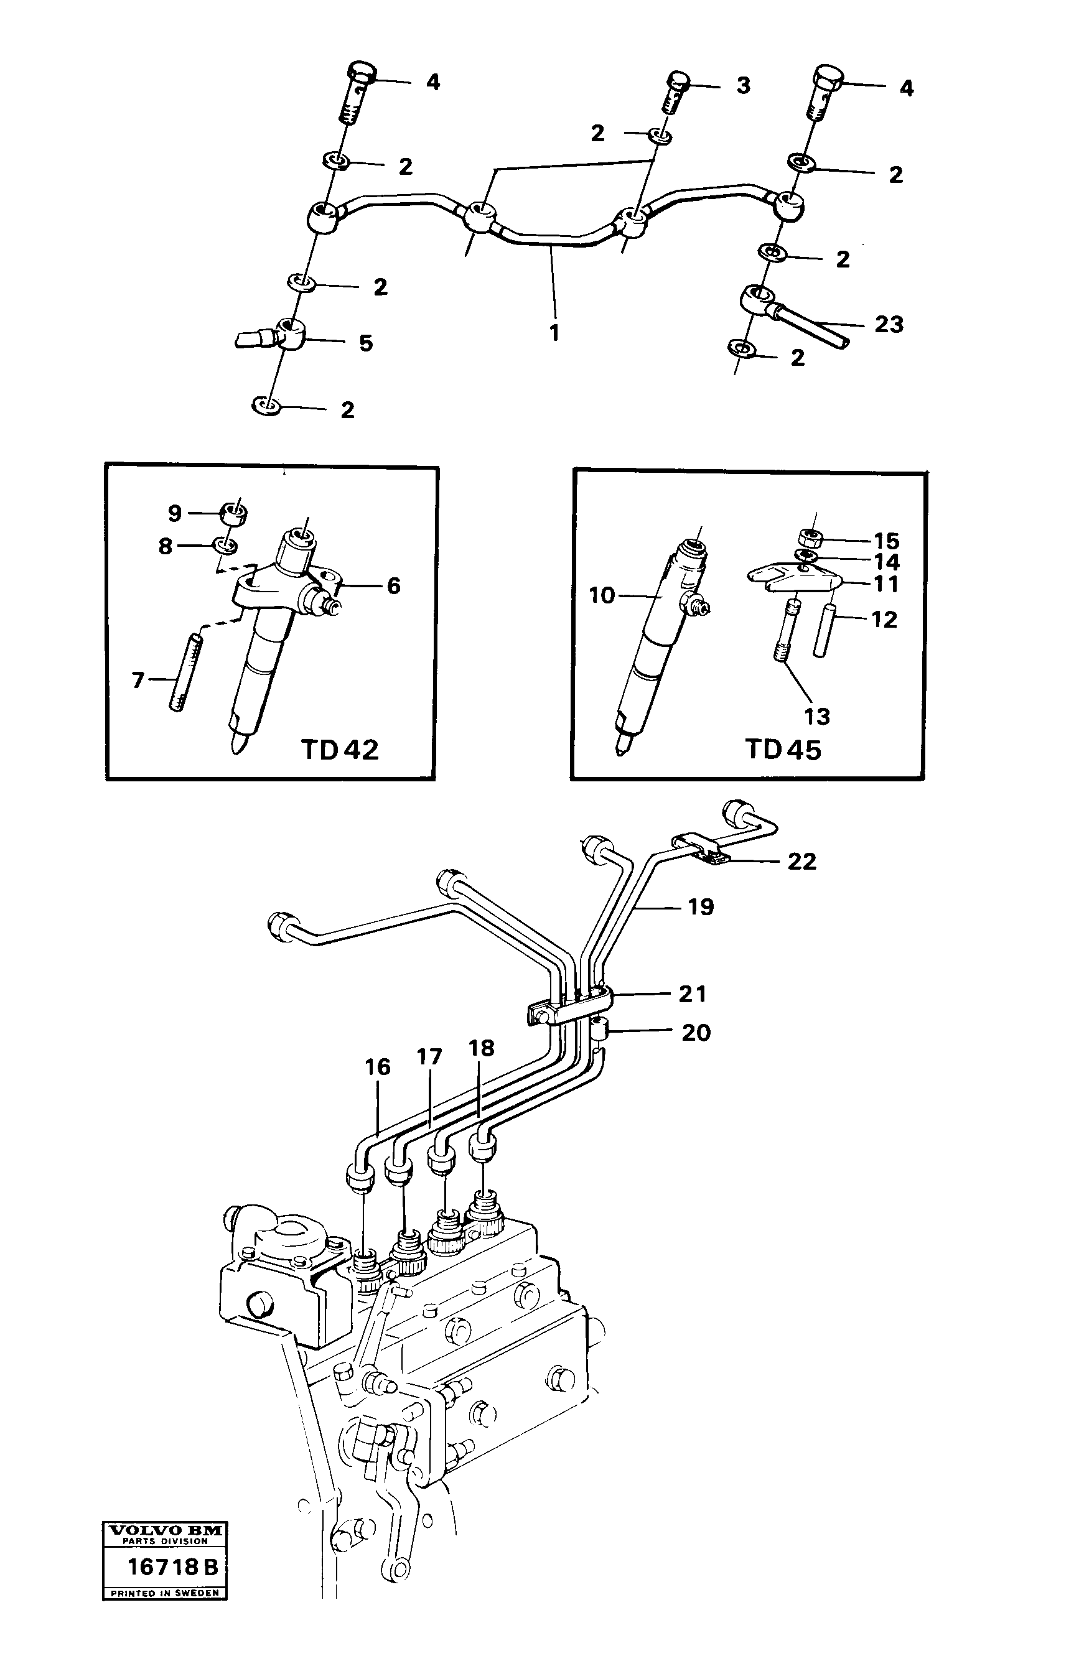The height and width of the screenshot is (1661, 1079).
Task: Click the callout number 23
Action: click(889, 324)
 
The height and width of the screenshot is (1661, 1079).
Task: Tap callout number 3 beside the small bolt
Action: click(744, 85)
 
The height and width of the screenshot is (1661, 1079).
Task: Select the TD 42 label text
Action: click(340, 750)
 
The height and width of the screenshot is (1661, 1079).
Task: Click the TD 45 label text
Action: click(783, 750)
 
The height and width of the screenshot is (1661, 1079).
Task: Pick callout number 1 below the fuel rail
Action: click(554, 333)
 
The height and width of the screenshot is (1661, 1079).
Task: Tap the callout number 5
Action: click(366, 343)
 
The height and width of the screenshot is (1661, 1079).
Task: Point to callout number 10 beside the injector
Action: click(601, 595)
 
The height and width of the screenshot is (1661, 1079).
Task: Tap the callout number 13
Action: click(816, 716)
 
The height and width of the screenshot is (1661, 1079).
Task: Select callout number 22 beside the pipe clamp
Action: click(801, 861)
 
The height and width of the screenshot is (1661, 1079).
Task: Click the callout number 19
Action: click(701, 906)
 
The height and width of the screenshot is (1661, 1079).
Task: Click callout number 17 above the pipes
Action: click(429, 1058)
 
